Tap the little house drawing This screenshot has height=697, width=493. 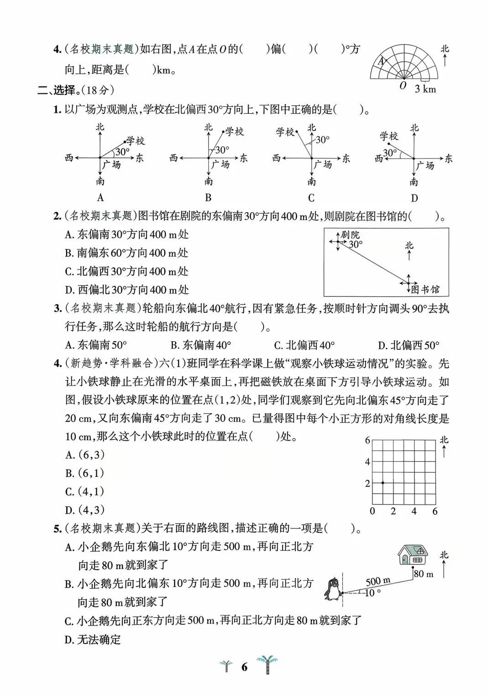coord(413,554)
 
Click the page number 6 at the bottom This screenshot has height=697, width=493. coord(244,667)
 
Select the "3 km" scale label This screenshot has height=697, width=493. coord(425,89)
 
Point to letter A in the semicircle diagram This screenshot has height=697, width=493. coord(381,61)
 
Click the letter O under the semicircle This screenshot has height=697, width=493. coord(403,86)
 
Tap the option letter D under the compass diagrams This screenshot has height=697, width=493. coord(414,198)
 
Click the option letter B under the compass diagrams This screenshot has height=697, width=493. coord(208,198)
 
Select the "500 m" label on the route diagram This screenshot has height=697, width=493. coord(378,581)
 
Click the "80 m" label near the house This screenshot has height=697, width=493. coord(424,574)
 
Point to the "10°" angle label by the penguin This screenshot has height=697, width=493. coord(372,593)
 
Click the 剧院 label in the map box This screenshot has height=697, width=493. coord(350,235)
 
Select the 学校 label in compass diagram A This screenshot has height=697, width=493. coord(136,141)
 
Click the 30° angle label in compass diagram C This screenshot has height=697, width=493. coord(323,140)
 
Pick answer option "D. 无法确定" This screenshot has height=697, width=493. coord(93,639)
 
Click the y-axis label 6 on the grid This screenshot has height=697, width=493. coord(367,440)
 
